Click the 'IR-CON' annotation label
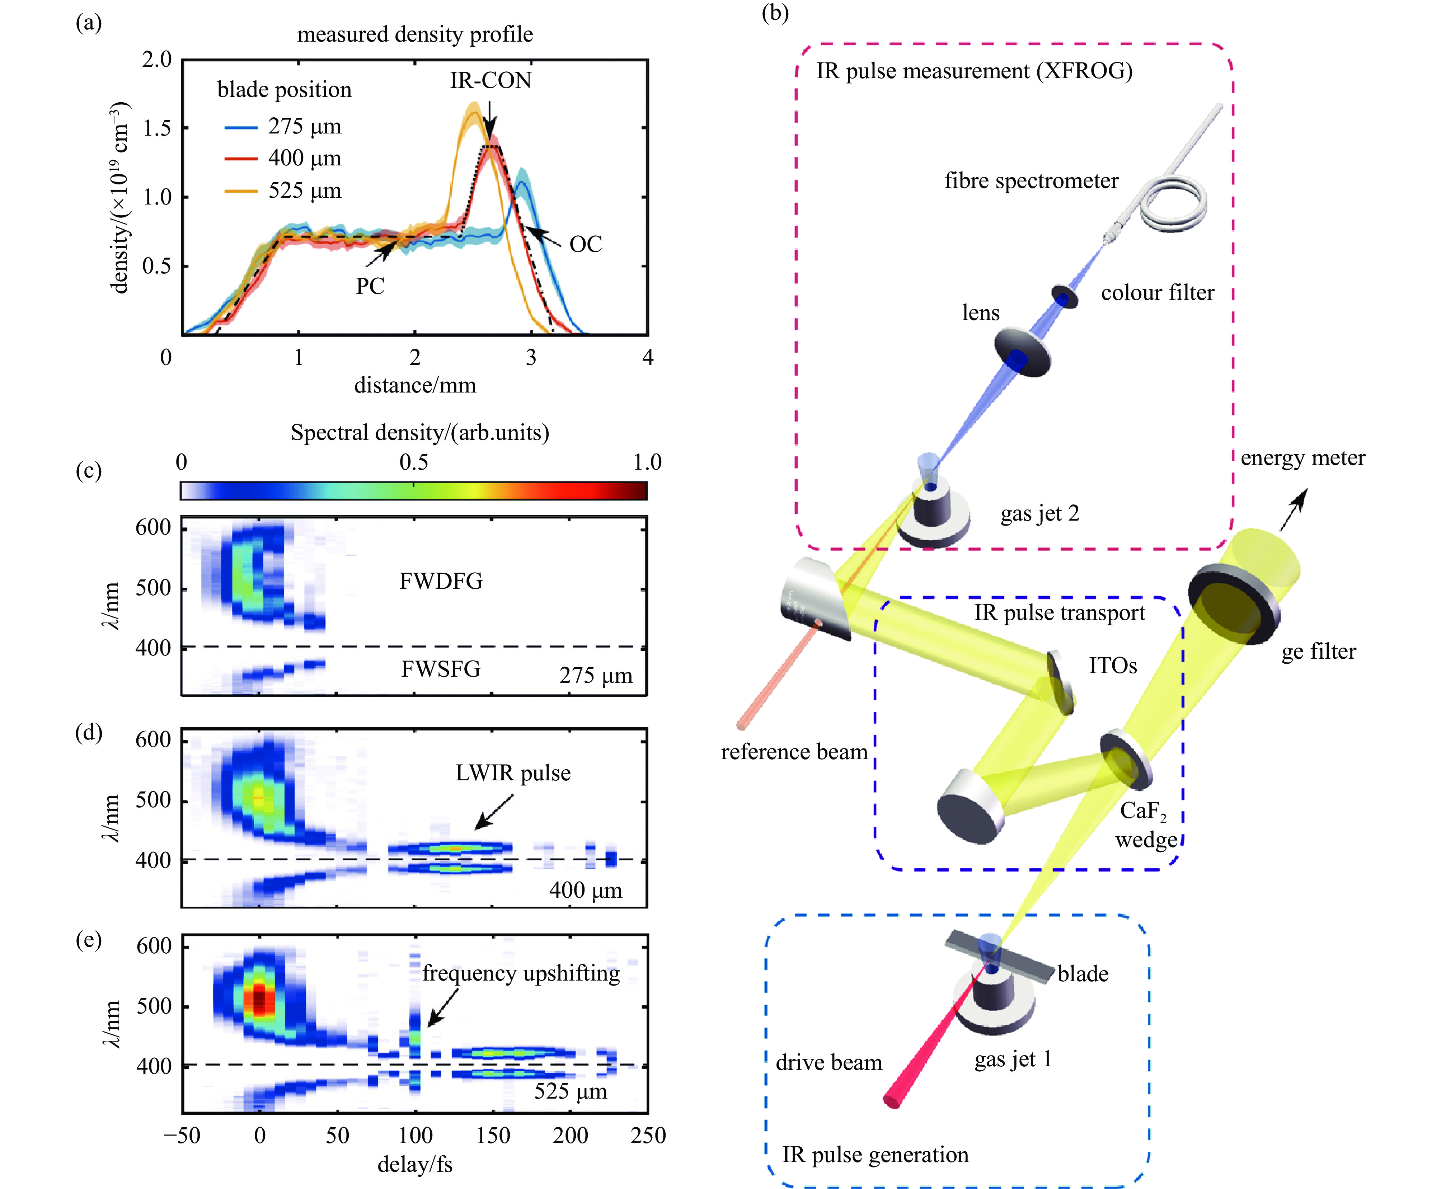[x=490, y=81]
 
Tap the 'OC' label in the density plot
[x=586, y=245]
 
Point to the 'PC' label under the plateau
[x=370, y=286]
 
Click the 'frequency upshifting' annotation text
[x=521, y=973]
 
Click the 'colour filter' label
[x=1158, y=293]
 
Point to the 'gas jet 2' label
[x=1039, y=514]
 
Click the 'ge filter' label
[x=1318, y=651]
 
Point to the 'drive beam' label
[x=829, y=1063]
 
